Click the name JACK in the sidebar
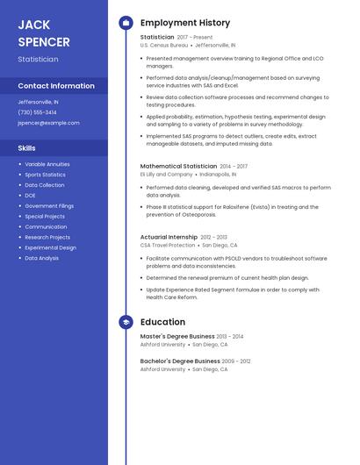coord(34,25)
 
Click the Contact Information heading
coord(56,86)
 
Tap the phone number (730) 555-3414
coord(37,112)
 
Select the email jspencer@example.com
coord(48,123)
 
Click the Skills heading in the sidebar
coord(26,148)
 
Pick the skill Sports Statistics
coord(45,175)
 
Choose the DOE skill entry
coord(30,196)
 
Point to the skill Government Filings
coord(49,206)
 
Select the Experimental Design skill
coord(50,247)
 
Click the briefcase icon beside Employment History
coord(126,23)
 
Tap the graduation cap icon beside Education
coord(126,322)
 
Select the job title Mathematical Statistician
coord(178,166)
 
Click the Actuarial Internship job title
coord(169,237)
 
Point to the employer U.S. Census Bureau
coord(164,45)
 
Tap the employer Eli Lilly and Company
coord(166,174)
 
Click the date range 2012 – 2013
coord(213,237)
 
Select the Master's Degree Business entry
coord(177,336)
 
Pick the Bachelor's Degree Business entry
coord(180,361)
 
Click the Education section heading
coord(162,322)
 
